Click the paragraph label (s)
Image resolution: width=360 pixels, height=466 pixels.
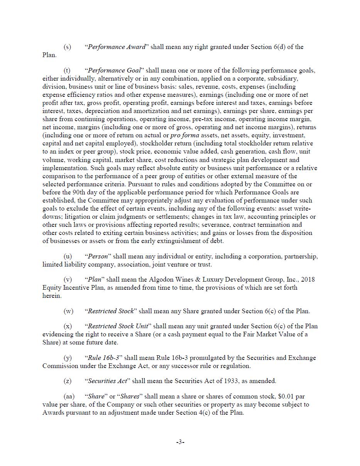tap(68, 47)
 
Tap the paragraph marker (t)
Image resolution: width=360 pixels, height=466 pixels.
tap(67, 71)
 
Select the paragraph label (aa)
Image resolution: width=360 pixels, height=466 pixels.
tap(69, 397)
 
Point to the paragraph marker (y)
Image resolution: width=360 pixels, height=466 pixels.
tap(68, 358)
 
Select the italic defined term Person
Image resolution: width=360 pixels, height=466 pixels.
tap(98, 257)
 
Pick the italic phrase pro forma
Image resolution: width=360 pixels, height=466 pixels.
tap(185, 135)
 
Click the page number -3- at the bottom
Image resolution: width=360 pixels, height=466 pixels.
tap(180, 442)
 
